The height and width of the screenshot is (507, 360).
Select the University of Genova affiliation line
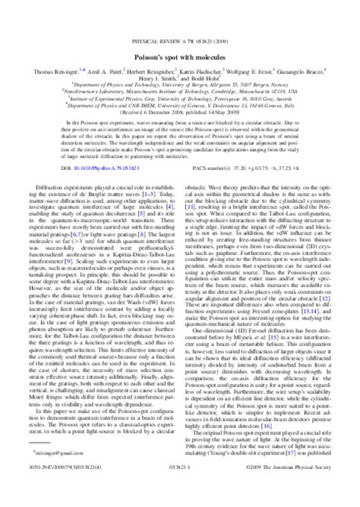click(x=180, y=100)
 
